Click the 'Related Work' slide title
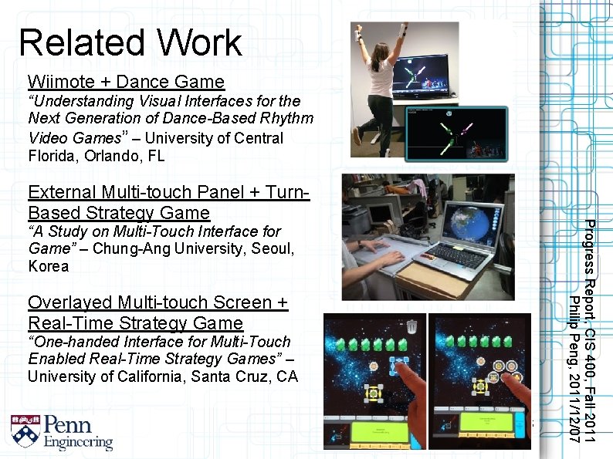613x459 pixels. click(x=130, y=42)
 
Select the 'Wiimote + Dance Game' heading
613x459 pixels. click(x=126, y=81)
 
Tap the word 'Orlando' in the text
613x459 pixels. click(x=110, y=156)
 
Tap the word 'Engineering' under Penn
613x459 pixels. click(x=78, y=442)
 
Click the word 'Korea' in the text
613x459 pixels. click(x=48, y=266)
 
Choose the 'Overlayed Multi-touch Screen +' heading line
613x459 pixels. click(x=157, y=302)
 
